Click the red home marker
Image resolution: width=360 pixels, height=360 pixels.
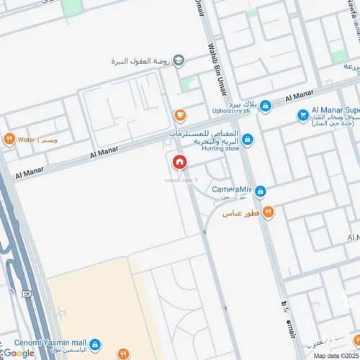179,162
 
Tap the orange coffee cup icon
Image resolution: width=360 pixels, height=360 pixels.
179,114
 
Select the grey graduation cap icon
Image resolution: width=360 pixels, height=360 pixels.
179,60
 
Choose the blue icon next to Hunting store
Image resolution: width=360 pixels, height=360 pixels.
247,140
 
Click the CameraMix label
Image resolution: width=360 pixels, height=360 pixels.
231,189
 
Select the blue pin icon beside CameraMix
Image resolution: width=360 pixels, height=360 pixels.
261,192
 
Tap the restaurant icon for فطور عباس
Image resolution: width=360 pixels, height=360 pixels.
268,212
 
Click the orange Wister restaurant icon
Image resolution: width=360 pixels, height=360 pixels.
9,139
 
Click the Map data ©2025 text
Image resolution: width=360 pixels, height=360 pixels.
335,355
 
